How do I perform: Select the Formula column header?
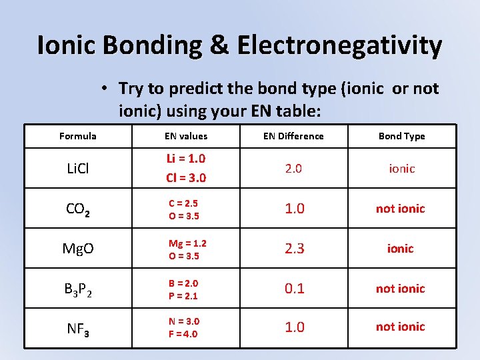pos(78,136)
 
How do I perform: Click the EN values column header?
pos(186,136)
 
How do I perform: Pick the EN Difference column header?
pos(293,136)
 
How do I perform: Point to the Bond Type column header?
pos(401,136)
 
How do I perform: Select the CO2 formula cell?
pos(77,209)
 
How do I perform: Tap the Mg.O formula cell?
pos(78,249)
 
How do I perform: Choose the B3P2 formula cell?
pos(77,289)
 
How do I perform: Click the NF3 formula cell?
pos(77,327)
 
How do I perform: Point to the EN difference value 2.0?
pos(293,169)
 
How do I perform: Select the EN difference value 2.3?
pos(293,249)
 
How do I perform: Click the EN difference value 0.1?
pos(293,289)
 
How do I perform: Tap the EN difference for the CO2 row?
pos(293,209)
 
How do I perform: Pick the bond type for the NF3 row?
pos(400,327)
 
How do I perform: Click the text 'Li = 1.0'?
pos(186,159)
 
